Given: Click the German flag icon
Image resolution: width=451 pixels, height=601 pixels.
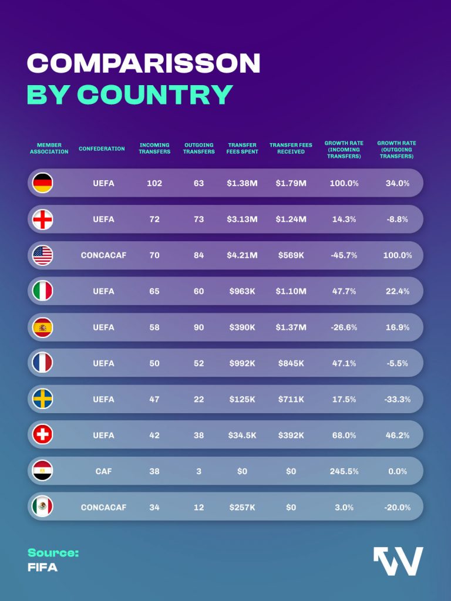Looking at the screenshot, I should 43,183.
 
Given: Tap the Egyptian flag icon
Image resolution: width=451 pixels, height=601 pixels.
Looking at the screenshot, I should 43,471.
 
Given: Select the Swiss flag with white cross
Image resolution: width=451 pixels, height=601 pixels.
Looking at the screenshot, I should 43,435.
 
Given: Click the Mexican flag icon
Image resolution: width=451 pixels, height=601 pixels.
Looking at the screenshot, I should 43,507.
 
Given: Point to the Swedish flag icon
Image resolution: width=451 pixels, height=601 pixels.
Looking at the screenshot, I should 43,399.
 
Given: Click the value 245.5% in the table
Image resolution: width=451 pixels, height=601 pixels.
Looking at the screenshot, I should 344,471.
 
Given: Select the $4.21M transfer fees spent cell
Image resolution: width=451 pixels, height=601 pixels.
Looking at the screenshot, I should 242,255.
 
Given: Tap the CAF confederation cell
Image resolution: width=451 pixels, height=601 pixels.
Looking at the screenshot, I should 103,471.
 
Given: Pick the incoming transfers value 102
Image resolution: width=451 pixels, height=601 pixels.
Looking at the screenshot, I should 154,183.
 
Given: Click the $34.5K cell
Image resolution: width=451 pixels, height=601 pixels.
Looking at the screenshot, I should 242,435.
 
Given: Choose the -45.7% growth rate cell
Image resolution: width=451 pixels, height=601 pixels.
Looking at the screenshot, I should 344,255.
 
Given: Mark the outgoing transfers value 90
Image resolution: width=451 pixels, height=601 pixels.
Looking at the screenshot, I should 199,327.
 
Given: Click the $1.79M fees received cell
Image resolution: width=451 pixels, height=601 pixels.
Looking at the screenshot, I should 291,183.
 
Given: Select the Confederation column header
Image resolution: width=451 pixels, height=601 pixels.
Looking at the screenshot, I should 102,148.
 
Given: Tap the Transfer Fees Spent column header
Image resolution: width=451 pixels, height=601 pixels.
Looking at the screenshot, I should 242,148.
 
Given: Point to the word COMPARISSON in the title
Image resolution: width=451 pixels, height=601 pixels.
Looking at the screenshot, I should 144,63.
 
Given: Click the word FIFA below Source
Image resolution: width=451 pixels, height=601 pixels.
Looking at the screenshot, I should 42,568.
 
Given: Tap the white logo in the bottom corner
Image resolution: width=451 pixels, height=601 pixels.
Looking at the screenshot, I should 398,561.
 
